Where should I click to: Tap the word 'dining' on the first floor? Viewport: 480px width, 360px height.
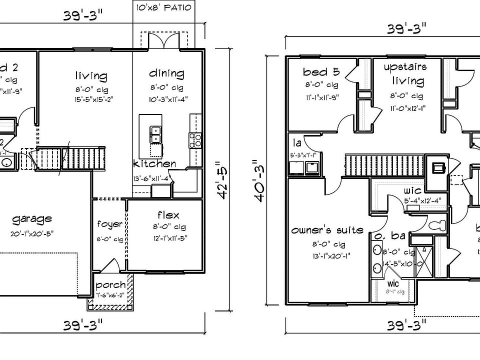point(166,73)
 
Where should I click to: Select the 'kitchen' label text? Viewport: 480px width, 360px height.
point(154,163)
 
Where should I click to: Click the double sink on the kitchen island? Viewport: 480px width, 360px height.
point(155,134)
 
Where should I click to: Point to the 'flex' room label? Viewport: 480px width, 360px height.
point(168,215)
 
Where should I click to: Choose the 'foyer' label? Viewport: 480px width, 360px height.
point(110,224)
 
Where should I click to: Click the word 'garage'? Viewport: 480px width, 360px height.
point(32,219)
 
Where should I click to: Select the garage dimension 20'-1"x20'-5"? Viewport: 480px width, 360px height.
point(32,233)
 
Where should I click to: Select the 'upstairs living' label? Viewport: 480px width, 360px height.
point(405,73)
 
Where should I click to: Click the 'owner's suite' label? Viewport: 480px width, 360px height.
point(327,230)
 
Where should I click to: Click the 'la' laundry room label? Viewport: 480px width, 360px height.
point(296,143)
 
